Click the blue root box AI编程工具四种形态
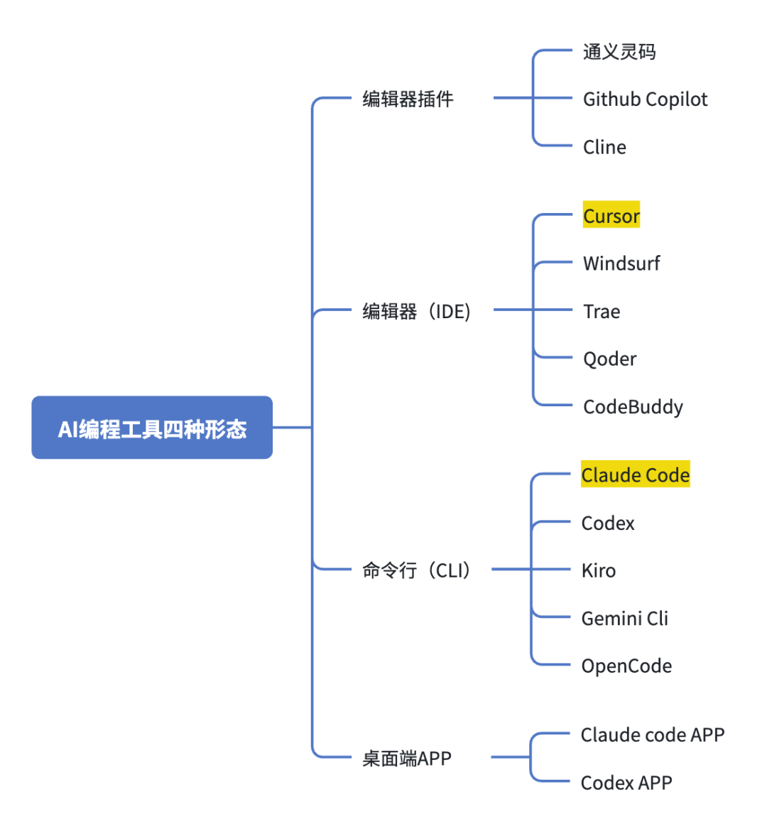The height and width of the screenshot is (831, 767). point(152,428)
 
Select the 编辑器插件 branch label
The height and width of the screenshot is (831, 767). point(408,99)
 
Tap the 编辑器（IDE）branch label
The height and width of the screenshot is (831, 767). point(416,311)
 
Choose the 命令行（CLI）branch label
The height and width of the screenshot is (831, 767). point(416,570)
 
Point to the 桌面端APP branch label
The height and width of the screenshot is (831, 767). point(406,759)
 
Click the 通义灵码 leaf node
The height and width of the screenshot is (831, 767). point(619,52)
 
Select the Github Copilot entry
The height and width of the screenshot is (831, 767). point(645,99)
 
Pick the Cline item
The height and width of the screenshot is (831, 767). point(604,147)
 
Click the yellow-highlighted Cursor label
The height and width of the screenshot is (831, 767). point(611,215)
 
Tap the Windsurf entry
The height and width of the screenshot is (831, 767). point(621,264)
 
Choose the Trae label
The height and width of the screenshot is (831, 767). point(602,312)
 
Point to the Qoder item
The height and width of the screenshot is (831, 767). point(609,359)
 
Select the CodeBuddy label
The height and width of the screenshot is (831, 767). point(633,407)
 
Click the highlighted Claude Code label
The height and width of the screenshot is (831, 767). point(635,475)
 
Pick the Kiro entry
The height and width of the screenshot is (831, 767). point(598,571)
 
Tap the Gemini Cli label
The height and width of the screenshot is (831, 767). point(624,619)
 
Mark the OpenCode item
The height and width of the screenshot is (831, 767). point(626,666)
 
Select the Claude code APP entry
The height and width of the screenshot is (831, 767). point(652,735)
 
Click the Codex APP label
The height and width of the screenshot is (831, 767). point(626,783)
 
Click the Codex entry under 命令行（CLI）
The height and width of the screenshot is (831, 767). point(607,523)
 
